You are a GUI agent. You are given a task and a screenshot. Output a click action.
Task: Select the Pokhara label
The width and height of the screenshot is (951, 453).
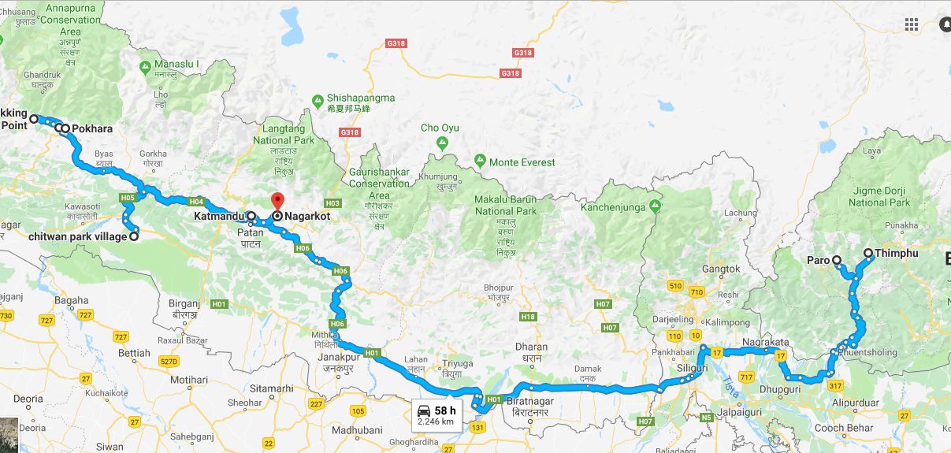pos(92,128)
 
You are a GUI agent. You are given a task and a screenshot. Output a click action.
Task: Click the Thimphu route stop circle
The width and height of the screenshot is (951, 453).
pos(868,254)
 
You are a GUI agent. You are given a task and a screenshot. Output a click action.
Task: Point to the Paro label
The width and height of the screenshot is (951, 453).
pos(819,260)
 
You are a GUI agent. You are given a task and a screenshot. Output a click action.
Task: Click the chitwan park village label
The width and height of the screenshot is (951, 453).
pos(77,236)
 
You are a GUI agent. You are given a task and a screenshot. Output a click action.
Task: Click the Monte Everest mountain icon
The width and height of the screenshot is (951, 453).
pos(480,162)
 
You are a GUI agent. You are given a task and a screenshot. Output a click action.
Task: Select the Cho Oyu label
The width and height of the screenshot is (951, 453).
pos(440,128)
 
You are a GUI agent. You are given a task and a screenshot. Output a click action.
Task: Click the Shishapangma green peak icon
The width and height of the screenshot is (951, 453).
pos(318,100)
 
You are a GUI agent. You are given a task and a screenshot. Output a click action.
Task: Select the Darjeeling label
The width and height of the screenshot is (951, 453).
pos(674,320)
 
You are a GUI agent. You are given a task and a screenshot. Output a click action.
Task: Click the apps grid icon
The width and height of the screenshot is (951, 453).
pos(912,24)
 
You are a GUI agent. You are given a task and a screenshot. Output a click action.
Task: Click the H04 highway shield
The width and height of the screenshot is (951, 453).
pos(197,200)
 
